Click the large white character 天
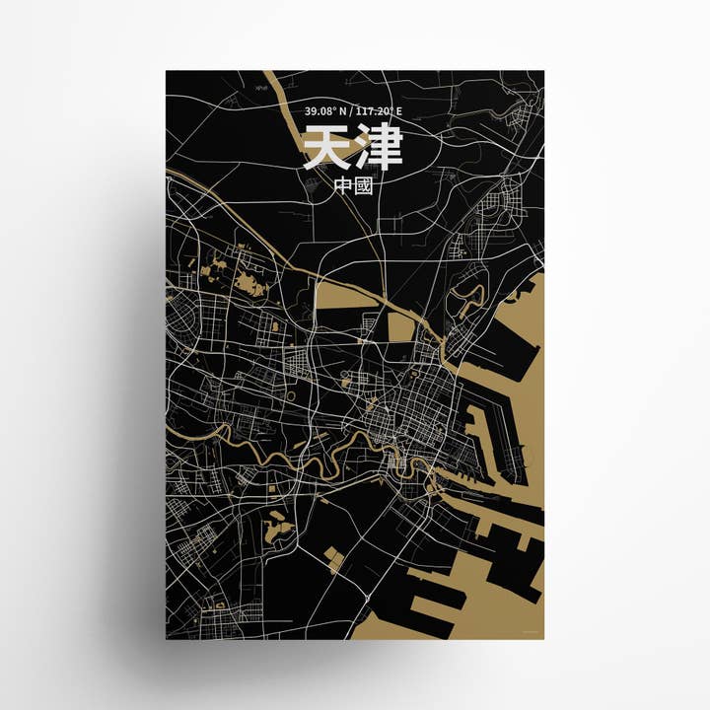(325, 150)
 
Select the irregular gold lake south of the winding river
(278, 529)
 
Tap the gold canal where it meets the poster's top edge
(277, 74)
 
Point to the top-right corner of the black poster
(543, 71)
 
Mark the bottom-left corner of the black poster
(166, 638)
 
